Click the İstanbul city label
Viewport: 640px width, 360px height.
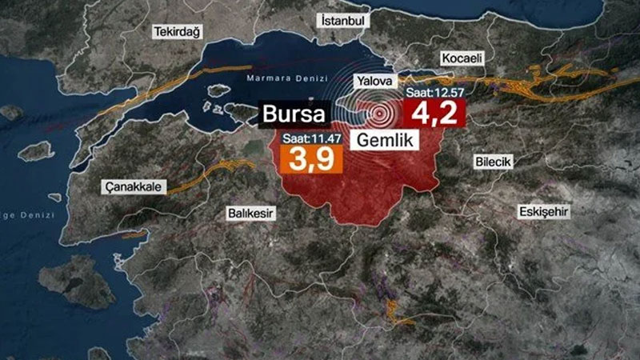(342, 19)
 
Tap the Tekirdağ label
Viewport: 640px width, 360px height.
(175, 30)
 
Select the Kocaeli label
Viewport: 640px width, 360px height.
(461, 59)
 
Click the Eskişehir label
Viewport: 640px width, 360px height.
(545, 211)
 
